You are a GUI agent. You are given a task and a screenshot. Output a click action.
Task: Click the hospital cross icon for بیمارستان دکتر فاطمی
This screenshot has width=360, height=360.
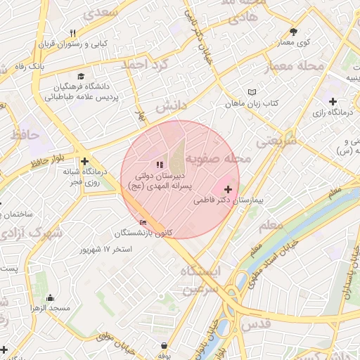click(x=228, y=190)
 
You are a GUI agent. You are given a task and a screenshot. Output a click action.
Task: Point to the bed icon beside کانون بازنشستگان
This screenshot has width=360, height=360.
click(x=143, y=223)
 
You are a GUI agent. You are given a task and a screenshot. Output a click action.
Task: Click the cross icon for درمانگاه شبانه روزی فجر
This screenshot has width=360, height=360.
click(x=84, y=161)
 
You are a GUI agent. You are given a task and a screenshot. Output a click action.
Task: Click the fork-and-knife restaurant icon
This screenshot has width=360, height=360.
click(x=73, y=33)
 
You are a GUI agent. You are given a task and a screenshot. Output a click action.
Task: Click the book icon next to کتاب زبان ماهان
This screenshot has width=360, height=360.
click(x=252, y=92)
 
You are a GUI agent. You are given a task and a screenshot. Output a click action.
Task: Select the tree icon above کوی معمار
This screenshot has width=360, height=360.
click(x=293, y=32)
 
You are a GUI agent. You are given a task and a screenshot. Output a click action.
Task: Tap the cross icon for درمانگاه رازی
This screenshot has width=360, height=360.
click(x=333, y=101)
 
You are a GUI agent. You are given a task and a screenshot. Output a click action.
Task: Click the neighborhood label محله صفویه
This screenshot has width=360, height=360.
click(x=219, y=160)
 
